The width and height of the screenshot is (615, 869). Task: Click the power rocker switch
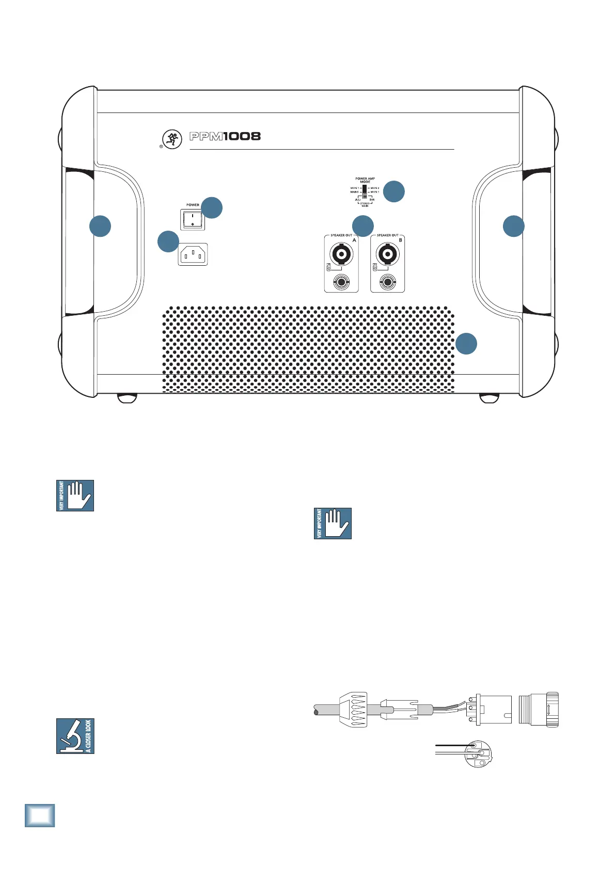pyautogui.click(x=192, y=220)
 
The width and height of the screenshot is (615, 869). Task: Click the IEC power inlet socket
pyautogui.click(x=193, y=254)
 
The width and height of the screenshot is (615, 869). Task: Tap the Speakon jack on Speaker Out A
pyautogui.click(x=341, y=254)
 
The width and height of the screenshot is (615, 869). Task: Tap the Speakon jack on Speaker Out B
pyautogui.click(x=387, y=254)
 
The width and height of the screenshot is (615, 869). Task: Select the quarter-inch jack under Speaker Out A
pyautogui.click(x=341, y=282)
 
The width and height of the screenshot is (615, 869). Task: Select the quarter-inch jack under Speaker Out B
pyautogui.click(x=387, y=282)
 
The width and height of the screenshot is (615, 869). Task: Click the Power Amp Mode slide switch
pyautogui.click(x=365, y=191)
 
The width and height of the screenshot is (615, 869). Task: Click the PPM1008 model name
pyautogui.click(x=225, y=137)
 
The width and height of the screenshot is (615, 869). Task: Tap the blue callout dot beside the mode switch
pyautogui.click(x=394, y=191)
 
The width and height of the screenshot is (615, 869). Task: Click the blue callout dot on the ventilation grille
pyautogui.click(x=466, y=344)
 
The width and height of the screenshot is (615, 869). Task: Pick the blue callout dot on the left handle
pyautogui.click(x=100, y=226)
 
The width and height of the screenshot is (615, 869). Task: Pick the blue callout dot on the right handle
pyautogui.click(x=513, y=226)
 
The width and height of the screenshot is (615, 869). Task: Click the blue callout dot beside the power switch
pyautogui.click(x=212, y=207)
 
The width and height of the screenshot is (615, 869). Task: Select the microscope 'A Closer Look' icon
pyautogui.click(x=75, y=736)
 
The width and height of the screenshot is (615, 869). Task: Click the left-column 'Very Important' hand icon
pyautogui.click(x=75, y=496)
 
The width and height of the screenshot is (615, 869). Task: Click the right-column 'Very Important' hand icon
pyautogui.click(x=333, y=524)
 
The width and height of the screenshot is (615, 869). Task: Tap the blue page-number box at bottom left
pyautogui.click(x=40, y=815)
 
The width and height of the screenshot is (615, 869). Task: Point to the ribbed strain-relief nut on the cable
pyautogui.click(x=353, y=711)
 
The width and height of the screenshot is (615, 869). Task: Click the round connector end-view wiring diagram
pyautogui.click(x=479, y=753)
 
